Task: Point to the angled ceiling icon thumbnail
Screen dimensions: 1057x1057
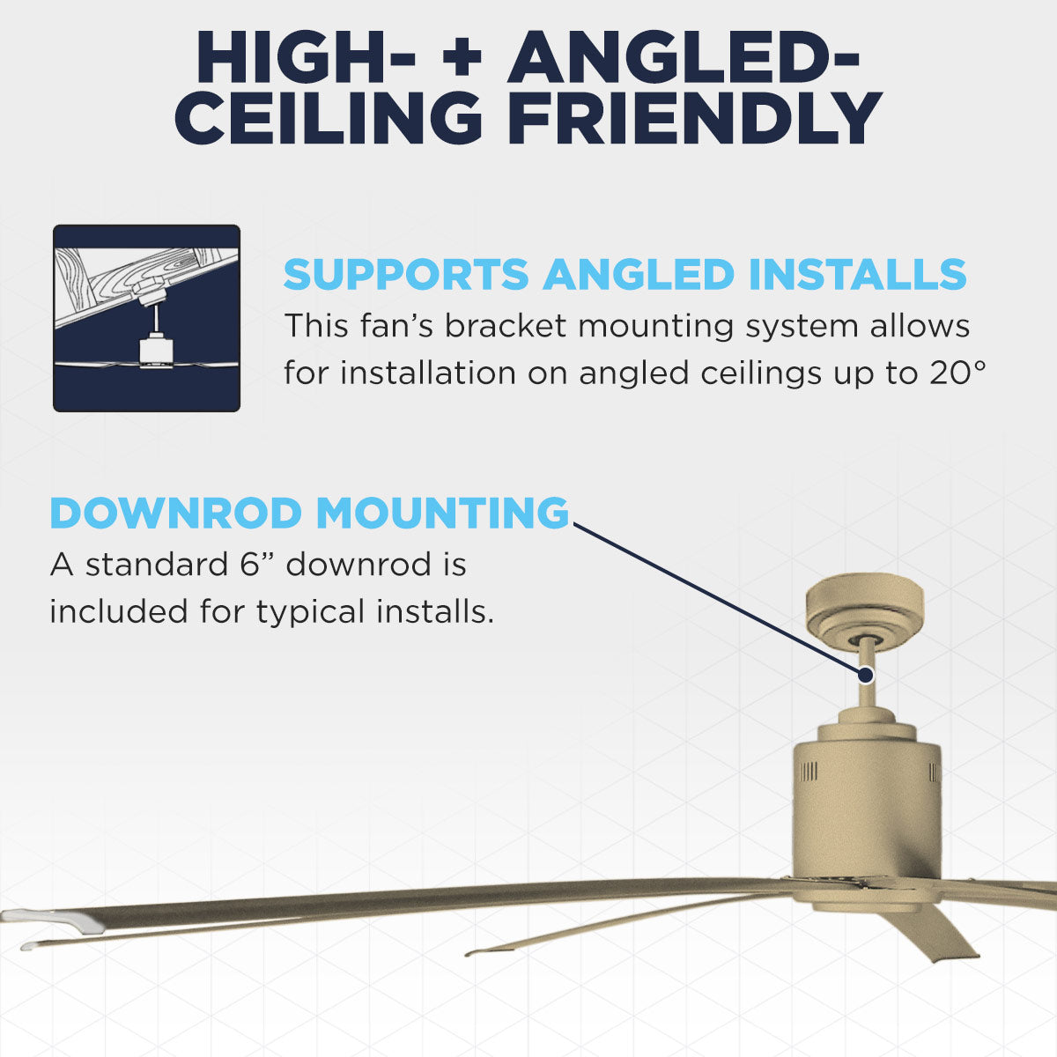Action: (146, 318)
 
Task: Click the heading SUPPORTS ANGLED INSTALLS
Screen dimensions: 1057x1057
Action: (625, 275)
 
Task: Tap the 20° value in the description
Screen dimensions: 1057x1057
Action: (955, 373)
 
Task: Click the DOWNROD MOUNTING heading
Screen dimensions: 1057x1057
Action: (309, 514)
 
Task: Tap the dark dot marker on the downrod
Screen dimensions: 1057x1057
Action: (865, 676)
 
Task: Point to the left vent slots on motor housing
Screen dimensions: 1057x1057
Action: (808, 773)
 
